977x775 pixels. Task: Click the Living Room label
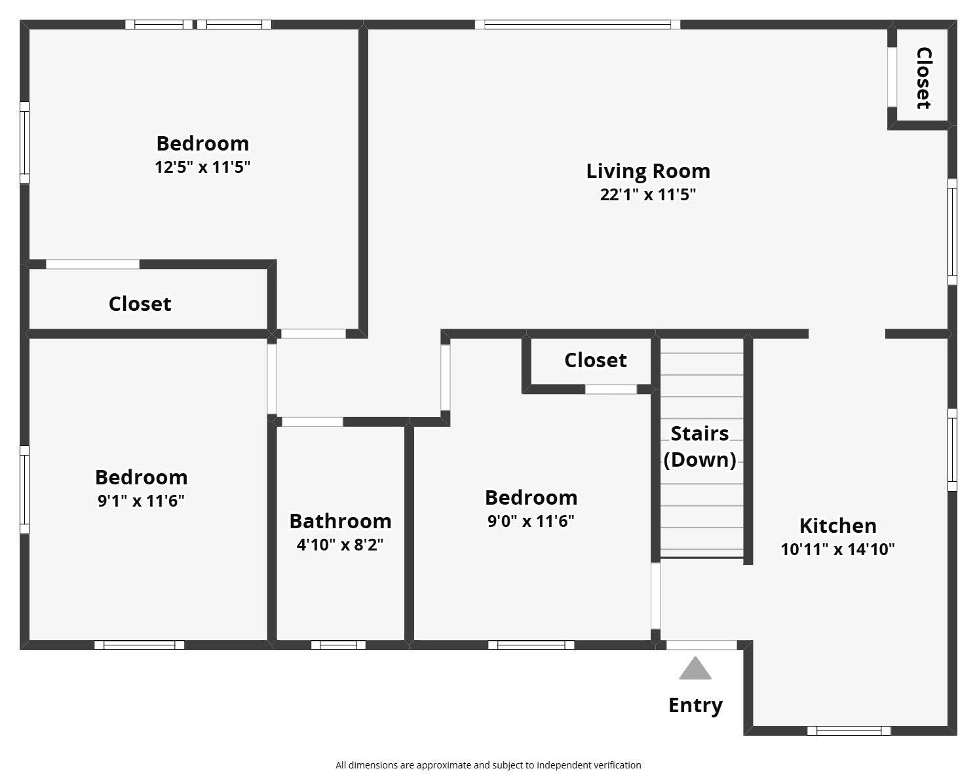[x=648, y=171]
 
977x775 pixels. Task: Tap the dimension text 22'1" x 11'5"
[x=648, y=194]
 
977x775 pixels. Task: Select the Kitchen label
[x=837, y=526]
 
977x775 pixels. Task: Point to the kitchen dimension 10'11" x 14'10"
[x=837, y=549]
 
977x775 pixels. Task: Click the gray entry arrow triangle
[x=695, y=668]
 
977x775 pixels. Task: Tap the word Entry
[x=695, y=706]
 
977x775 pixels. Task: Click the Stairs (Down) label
[x=700, y=446]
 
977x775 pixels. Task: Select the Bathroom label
[x=341, y=522]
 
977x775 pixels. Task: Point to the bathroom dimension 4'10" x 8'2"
[x=340, y=545]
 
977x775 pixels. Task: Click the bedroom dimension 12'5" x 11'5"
[x=202, y=168]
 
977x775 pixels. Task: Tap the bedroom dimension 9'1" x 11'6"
[x=141, y=501]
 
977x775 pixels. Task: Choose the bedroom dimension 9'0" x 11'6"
[x=531, y=522]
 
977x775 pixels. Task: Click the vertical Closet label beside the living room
[x=924, y=78]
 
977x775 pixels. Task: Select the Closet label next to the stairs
[x=595, y=361]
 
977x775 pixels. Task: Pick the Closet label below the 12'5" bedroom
[x=140, y=304]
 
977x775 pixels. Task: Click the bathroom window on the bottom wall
[x=338, y=645]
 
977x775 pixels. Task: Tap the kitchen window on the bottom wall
[x=849, y=730]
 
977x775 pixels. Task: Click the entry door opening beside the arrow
[x=701, y=645]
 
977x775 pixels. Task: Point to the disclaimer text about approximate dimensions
[x=488, y=765]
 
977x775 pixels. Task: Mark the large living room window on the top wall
[x=577, y=24]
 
